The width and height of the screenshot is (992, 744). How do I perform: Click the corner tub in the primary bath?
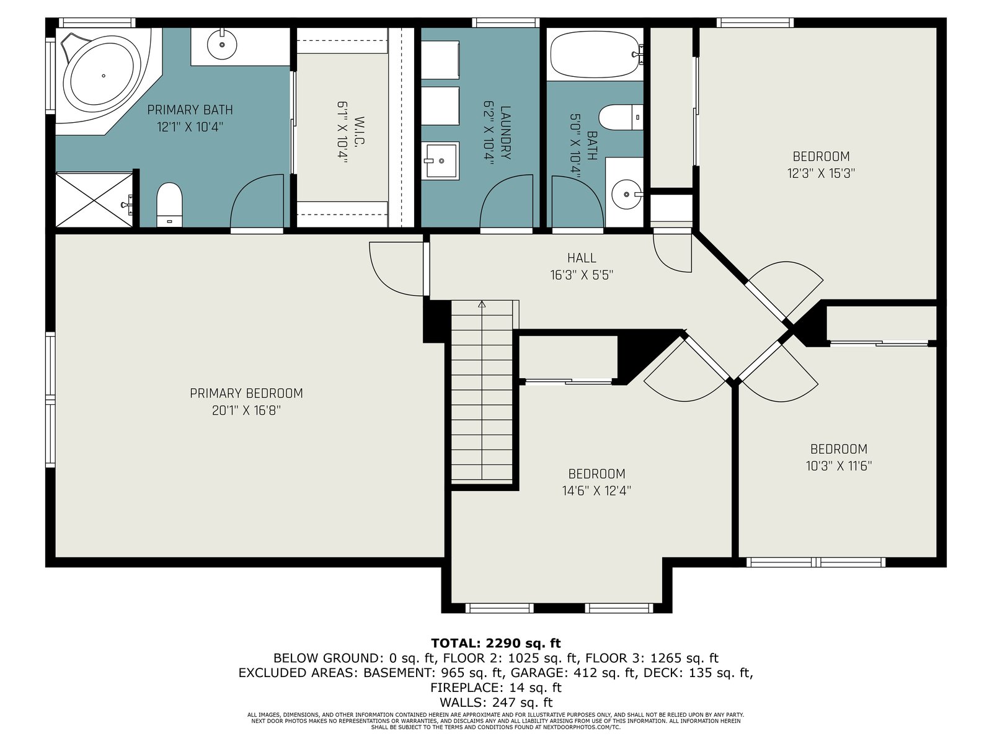(104, 76)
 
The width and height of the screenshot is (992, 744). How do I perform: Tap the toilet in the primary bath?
(169, 205)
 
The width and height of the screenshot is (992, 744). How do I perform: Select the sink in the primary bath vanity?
(222, 44)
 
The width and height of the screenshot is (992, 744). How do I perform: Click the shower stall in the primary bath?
(94, 200)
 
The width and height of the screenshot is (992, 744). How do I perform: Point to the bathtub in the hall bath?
(595, 54)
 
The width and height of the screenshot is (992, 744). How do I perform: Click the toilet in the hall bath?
(621, 117)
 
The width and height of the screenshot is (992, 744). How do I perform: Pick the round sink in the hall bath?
(627, 194)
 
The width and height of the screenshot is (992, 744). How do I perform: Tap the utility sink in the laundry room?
(440, 161)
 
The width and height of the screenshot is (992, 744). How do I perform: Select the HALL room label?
(582, 258)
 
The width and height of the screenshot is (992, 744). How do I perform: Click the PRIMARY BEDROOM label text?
(246, 394)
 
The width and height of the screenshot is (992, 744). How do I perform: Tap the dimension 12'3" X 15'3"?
(821, 174)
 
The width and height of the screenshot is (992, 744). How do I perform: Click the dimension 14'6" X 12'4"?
(596, 490)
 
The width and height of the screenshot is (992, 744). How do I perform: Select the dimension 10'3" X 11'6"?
(839, 466)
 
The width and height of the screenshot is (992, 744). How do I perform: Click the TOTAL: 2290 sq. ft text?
(496, 643)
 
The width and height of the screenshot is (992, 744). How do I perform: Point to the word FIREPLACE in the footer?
(466, 688)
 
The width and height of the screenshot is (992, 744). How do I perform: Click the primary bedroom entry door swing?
(396, 269)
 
